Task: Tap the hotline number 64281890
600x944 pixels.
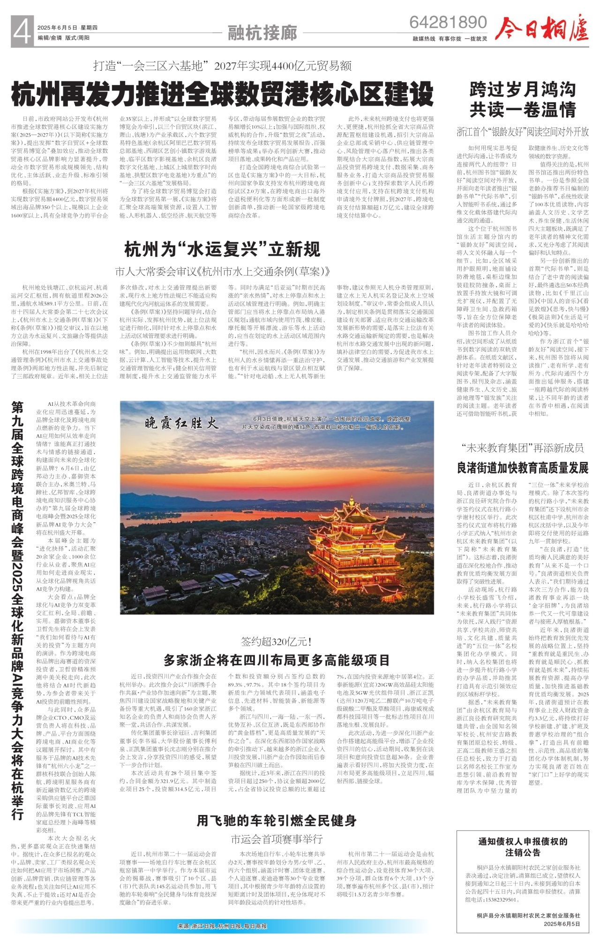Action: click(x=448, y=22)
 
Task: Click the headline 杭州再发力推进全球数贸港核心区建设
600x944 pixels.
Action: click(x=223, y=94)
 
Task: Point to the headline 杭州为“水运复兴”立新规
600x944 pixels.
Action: click(x=222, y=249)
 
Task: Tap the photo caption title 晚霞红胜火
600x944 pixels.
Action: click(x=181, y=424)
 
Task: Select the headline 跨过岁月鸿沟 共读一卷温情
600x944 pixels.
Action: click(x=523, y=99)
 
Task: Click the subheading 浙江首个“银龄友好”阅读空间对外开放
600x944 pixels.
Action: click(x=523, y=132)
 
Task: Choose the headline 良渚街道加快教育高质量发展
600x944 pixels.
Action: click(x=523, y=467)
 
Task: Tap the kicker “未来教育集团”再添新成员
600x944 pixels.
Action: click(x=523, y=448)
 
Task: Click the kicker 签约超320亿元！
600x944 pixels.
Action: click(x=277, y=641)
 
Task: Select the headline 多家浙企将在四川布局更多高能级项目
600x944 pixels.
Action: click(x=277, y=660)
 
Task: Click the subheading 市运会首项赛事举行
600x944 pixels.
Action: click(x=277, y=839)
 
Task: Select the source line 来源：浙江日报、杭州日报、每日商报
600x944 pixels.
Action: click(x=222, y=926)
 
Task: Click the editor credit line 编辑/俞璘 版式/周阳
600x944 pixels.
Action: click(x=64, y=38)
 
